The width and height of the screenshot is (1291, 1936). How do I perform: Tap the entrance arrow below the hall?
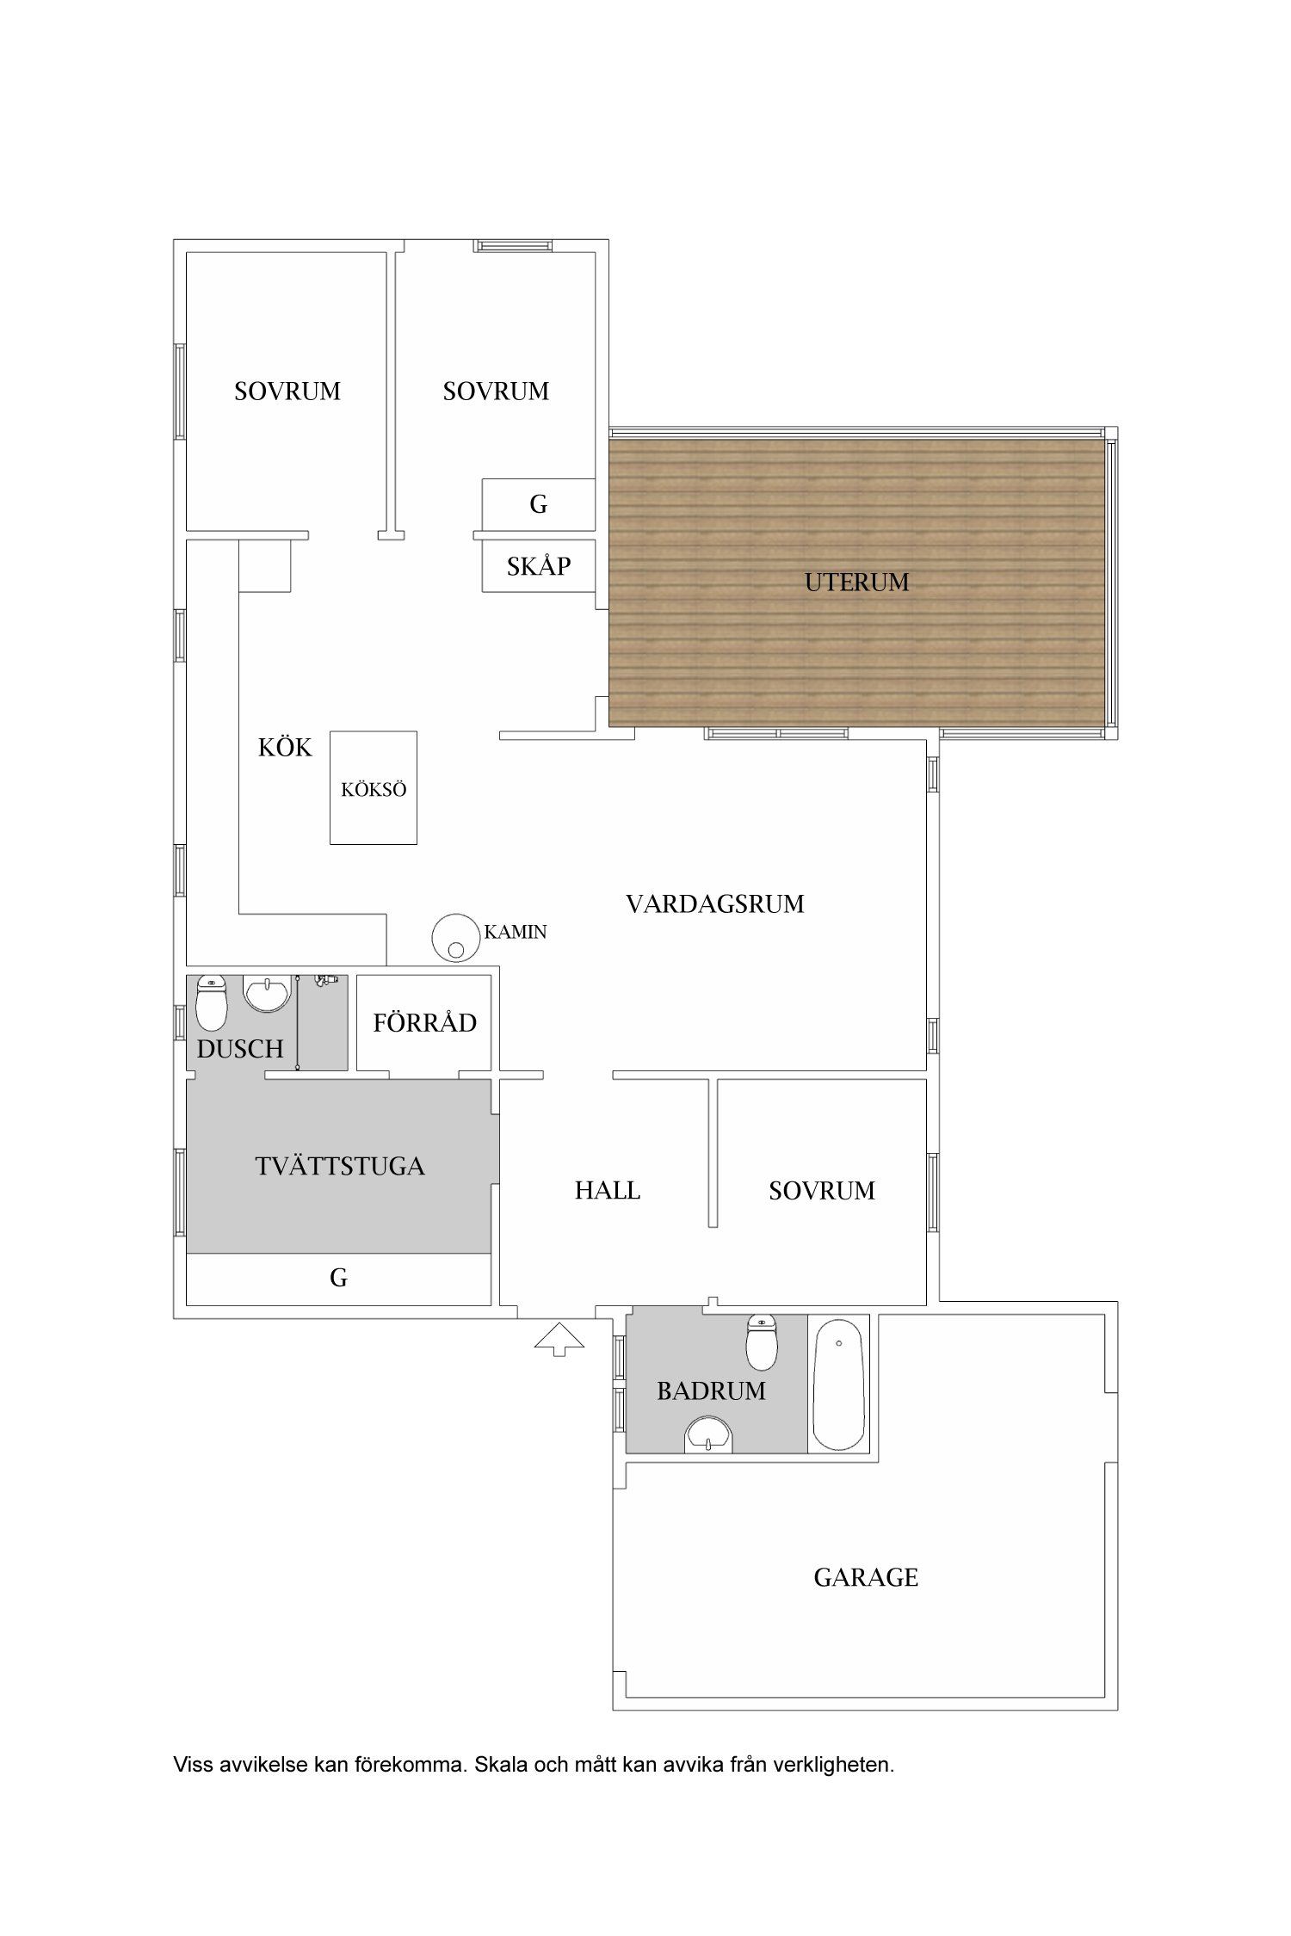pyautogui.click(x=559, y=1339)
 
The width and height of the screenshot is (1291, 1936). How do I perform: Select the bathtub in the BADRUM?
pyautogui.click(x=838, y=1386)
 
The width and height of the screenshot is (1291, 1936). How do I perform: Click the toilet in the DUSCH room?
pyautogui.click(x=212, y=1002)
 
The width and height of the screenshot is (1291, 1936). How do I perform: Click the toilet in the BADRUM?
pyautogui.click(x=762, y=1342)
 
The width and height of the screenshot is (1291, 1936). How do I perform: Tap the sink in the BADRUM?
pyautogui.click(x=708, y=1435)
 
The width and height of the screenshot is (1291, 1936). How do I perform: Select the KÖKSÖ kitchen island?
pyautogui.click(x=374, y=787)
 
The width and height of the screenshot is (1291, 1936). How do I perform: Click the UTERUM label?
pyautogui.click(x=856, y=583)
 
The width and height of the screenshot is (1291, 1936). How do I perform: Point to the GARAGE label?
pyautogui.click(x=866, y=1577)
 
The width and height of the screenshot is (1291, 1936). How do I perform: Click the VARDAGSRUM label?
pyautogui.click(x=715, y=904)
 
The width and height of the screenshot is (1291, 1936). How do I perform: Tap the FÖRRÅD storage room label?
pyautogui.click(x=425, y=1022)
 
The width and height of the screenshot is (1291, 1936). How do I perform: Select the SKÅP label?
pyautogui.click(x=539, y=565)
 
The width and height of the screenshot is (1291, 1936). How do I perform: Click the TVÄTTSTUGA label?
pyautogui.click(x=340, y=1166)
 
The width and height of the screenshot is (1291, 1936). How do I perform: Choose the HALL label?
pyautogui.click(x=608, y=1191)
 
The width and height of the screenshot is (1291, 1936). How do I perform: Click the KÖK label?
pyautogui.click(x=285, y=747)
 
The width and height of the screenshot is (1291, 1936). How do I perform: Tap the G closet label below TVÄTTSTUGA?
pyautogui.click(x=338, y=1279)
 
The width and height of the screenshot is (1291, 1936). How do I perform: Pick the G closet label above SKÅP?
pyautogui.click(x=539, y=504)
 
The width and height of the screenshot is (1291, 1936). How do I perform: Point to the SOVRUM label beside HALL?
pyautogui.click(x=822, y=1191)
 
